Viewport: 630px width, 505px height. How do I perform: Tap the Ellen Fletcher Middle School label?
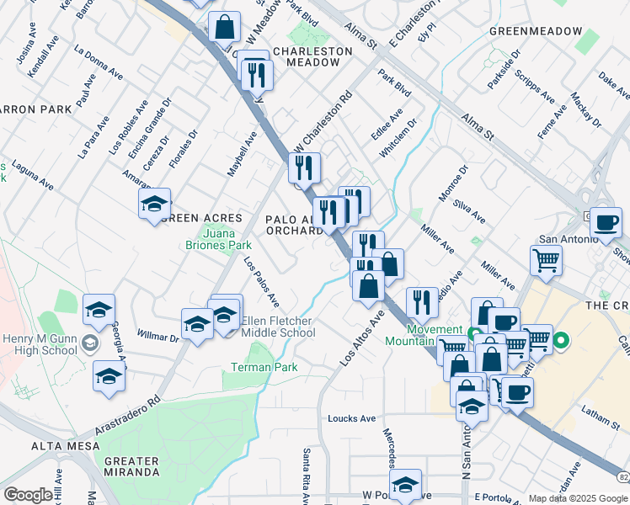[x=279, y=327]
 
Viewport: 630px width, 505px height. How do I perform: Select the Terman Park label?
[x=264, y=368]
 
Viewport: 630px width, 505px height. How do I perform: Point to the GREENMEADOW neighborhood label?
[x=535, y=31]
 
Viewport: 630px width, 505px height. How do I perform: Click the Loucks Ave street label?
[x=351, y=418]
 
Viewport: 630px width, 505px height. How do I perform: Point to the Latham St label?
[x=599, y=412]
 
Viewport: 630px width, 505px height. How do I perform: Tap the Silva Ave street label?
[x=469, y=211]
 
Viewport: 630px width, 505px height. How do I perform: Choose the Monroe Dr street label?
[x=452, y=181]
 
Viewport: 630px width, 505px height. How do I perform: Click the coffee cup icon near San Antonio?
[x=605, y=223]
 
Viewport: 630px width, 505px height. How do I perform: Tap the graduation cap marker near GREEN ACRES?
[x=155, y=204]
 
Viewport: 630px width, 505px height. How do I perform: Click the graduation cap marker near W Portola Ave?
[x=405, y=484]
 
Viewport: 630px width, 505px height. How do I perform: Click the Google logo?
[x=28, y=495]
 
